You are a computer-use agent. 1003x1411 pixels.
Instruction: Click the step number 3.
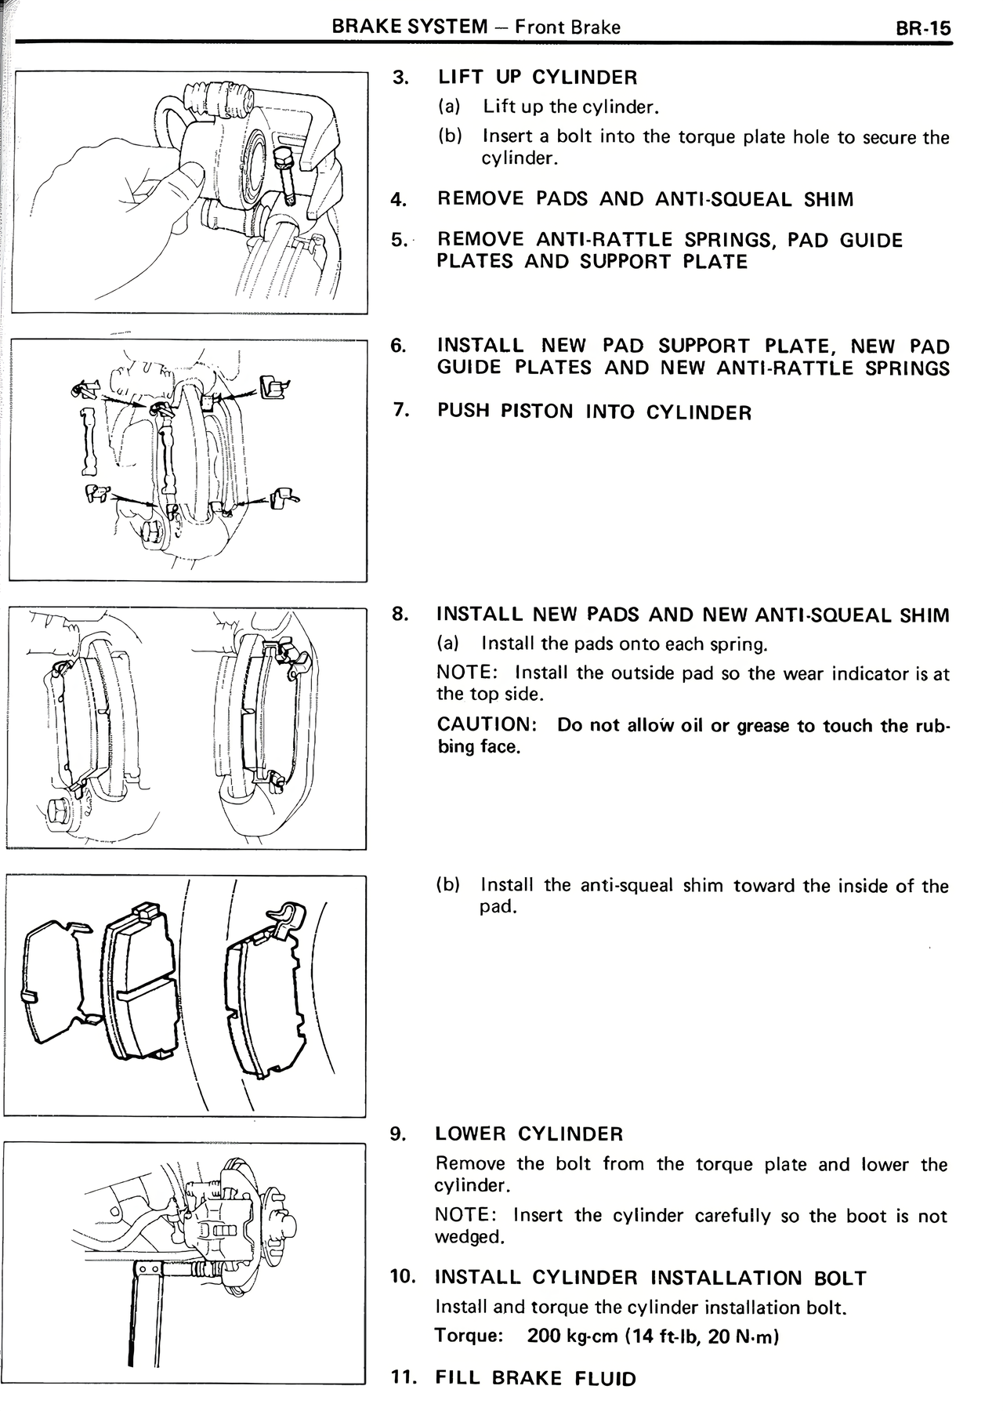(400, 77)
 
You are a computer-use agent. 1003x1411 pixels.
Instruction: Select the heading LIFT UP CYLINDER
(538, 77)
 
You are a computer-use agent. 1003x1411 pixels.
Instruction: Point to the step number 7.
(400, 410)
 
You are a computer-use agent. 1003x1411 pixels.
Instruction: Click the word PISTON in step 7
(537, 412)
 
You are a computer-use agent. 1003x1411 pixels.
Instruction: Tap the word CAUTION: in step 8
(486, 725)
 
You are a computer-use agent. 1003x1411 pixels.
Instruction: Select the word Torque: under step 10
(469, 1336)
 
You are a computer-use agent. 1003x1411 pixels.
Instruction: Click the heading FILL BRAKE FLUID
(536, 1378)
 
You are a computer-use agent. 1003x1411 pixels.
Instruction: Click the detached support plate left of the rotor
(88, 442)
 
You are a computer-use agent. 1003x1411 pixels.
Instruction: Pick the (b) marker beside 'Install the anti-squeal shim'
(448, 885)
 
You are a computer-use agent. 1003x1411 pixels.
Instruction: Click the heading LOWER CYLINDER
(529, 1134)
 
